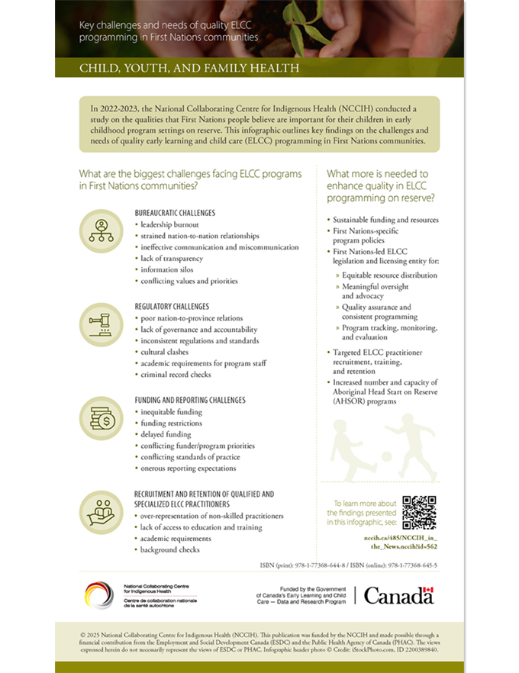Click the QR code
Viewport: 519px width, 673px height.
419,512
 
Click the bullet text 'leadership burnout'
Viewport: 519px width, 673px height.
169,225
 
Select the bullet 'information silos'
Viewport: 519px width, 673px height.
166,269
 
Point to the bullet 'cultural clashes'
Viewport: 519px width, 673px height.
166,352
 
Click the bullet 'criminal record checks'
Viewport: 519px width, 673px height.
176,375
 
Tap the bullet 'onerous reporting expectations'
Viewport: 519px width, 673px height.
188,468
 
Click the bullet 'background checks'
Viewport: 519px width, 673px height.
169,549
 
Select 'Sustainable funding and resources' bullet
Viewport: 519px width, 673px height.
385,220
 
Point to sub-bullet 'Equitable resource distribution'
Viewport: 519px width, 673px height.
389,274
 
